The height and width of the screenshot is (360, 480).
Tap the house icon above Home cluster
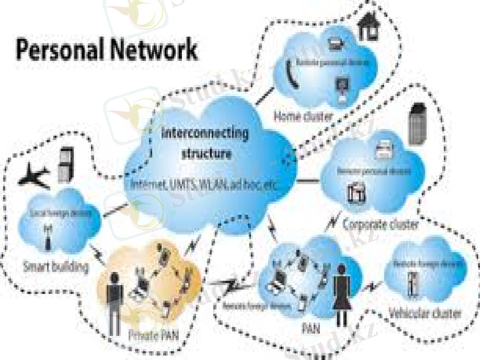point(368,25)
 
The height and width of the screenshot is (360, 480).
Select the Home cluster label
point(303,115)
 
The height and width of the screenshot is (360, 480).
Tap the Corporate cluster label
point(380,225)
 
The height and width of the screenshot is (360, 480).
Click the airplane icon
point(35,176)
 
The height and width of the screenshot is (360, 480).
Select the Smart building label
point(55,265)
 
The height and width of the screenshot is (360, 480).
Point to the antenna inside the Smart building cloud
point(46,236)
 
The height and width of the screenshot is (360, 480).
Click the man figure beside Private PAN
point(115,309)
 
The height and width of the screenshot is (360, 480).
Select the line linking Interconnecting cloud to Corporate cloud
point(308,179)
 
